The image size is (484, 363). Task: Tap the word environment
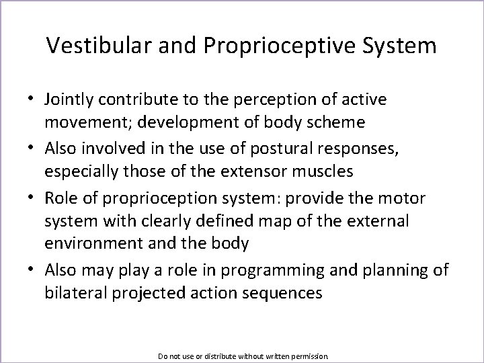point(87,243)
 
